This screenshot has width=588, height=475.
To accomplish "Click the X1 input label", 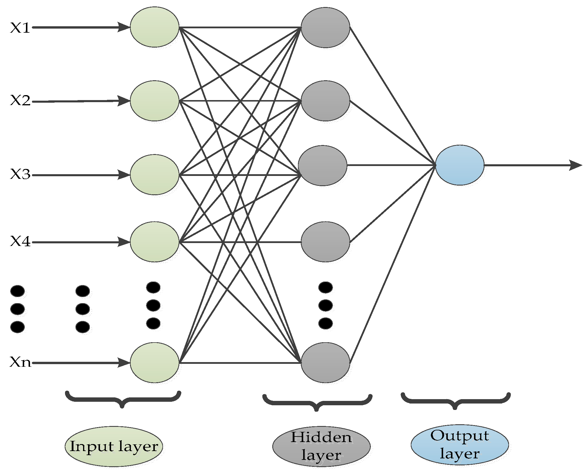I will point(20,28).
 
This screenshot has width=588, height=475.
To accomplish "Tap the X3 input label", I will point(20,174).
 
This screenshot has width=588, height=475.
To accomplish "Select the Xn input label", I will point(20,362).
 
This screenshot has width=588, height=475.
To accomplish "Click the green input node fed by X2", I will point(154,101).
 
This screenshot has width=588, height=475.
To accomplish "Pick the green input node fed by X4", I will point(154,242).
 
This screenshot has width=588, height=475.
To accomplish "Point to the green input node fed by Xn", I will point(154,362).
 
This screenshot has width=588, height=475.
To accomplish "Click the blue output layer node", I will point(459,165).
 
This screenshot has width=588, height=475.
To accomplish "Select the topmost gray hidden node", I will point(325,27).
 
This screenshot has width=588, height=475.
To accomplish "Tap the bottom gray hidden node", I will point(325,362).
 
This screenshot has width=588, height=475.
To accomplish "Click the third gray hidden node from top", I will point(322,165).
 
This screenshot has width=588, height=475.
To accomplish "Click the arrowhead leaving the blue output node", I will point(575,165).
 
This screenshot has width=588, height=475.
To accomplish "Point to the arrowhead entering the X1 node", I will point(124,27).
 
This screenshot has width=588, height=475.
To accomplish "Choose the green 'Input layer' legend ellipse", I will point(114,446).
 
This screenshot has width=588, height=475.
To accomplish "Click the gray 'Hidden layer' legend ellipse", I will point(321,446).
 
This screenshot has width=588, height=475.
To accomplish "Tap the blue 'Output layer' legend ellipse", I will point(459,445).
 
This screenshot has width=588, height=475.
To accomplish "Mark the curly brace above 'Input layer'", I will point(123,398).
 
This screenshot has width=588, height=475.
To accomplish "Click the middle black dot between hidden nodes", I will point(325,305).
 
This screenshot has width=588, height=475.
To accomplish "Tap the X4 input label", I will point(20,242).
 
